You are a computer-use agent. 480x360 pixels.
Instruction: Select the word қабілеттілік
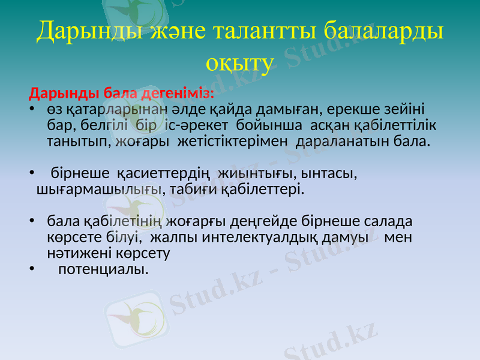point(395,127)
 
